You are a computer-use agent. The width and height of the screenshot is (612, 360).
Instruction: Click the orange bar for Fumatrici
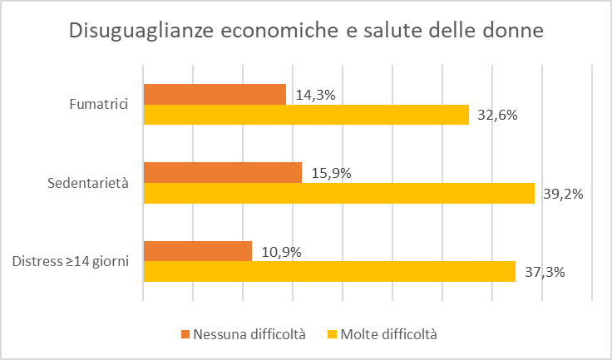tap(215, 94)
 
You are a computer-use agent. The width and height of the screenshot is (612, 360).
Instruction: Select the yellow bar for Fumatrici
tap(306, 114)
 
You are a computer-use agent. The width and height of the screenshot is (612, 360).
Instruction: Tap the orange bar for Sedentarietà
tap(222, 172)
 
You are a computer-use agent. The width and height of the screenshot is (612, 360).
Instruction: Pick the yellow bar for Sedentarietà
tap(338, 193)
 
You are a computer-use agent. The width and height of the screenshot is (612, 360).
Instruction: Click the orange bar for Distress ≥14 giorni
tap(197, 251)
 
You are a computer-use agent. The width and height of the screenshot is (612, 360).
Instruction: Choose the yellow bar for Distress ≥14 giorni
tap(329, 271)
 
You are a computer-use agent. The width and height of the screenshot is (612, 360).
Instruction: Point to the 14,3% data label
tap(315, 95)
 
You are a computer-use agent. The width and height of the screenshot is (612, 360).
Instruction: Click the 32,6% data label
tap(498, 115)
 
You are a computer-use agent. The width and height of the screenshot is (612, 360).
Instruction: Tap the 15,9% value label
tap(331, 173)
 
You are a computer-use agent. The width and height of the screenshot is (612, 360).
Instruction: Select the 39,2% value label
tap(563, 194)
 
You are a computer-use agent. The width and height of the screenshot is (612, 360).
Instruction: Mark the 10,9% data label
tap(281, 252)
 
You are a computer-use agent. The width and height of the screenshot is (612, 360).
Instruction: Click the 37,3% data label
tap(545, 272)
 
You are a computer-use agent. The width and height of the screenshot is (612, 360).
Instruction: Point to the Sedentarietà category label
tap(88, 183)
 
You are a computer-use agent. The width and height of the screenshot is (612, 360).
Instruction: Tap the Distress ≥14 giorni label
tap(71, 262)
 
